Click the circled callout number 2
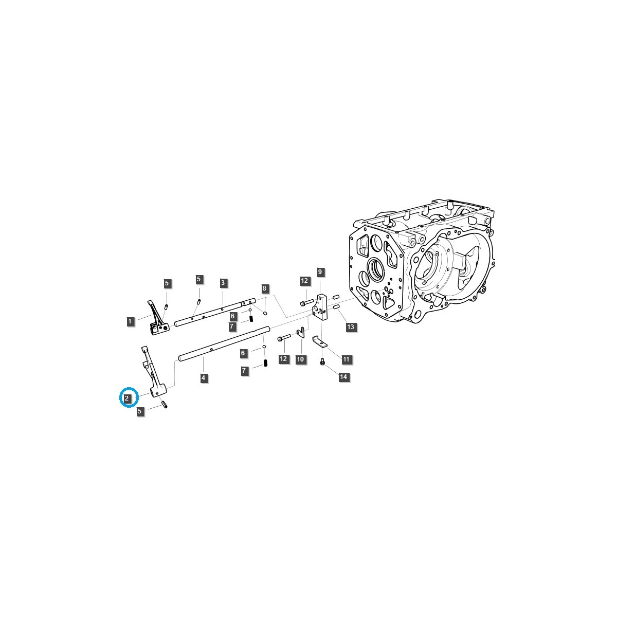click(127, 398)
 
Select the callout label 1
click(130, 321)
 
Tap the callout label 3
click(223, 283)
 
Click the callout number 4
click(204, 378)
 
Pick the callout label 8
click(264, 288)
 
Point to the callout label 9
click(320, 271)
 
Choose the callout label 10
click(301, 359)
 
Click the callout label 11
click(346, 358)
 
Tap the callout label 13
click(350, 326)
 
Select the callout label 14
click(343, 377)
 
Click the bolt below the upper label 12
click(306, 302)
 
